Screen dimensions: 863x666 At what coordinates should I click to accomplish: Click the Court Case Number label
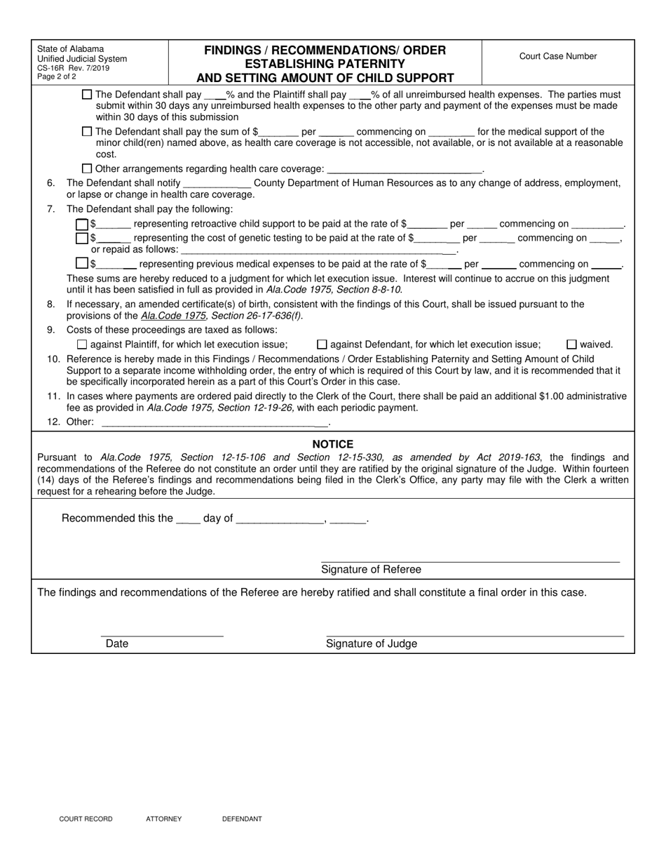[558, 56]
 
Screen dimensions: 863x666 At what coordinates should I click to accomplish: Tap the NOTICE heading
[332, 444]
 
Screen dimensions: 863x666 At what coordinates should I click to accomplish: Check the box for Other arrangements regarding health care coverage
[87, 168]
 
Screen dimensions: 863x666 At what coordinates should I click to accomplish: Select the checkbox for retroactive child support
[82, 225]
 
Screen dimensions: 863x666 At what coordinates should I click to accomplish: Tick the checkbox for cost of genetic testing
[82, 239]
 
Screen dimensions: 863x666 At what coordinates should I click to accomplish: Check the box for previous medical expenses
[82, 265]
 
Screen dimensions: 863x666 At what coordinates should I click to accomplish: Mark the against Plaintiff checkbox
[82, 344]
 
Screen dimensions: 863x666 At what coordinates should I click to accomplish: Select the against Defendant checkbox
[322, 344]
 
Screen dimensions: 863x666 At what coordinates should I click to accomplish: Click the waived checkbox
[571, 344]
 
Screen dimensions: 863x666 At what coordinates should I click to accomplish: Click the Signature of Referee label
[371, 570]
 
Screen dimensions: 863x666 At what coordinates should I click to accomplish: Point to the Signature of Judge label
[371, 643]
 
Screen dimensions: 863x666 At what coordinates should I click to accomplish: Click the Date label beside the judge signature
[117, 643]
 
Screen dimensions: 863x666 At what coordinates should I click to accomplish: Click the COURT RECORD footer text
[86, 819]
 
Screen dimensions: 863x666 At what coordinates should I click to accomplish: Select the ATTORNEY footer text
[163, 819]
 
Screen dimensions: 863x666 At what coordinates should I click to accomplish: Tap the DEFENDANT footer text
[242, 819]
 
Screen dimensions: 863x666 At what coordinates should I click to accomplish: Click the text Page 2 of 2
[57, 76]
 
